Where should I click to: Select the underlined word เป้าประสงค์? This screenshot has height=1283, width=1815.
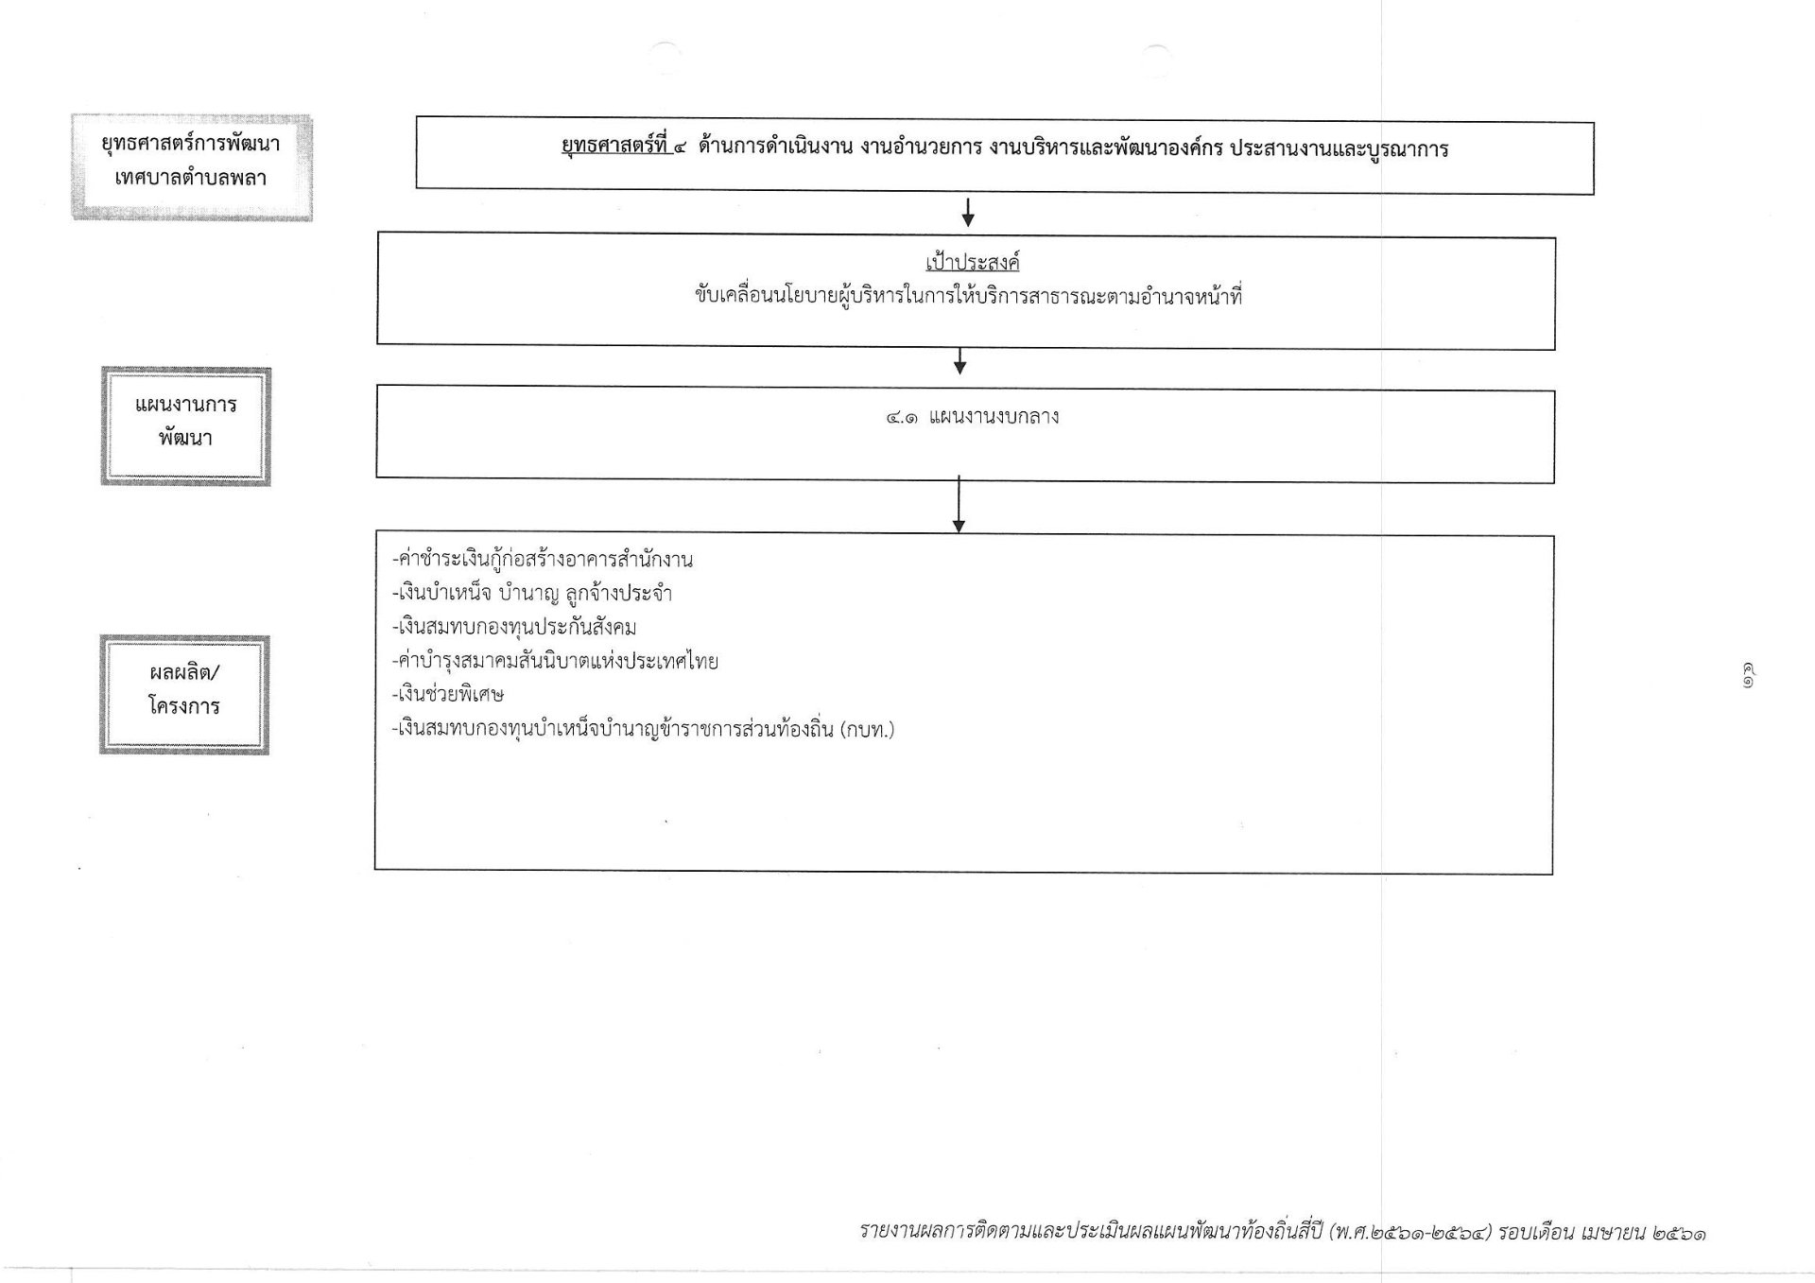972,262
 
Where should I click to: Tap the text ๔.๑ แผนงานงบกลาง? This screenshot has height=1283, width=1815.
972,417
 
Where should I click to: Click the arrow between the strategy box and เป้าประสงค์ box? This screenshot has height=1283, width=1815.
967,212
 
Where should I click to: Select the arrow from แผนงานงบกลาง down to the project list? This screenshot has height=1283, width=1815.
959,504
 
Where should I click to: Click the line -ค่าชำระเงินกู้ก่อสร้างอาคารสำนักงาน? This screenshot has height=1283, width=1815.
542,560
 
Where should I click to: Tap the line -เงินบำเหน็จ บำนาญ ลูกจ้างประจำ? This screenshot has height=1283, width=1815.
531,594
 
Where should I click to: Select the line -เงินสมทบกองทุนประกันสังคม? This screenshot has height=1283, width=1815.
513,627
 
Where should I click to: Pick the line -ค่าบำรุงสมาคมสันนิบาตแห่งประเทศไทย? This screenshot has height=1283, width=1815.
555,661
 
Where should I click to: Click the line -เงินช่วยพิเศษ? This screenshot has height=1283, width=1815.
447,694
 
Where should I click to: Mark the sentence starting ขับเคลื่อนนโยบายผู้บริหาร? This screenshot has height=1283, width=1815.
968,297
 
